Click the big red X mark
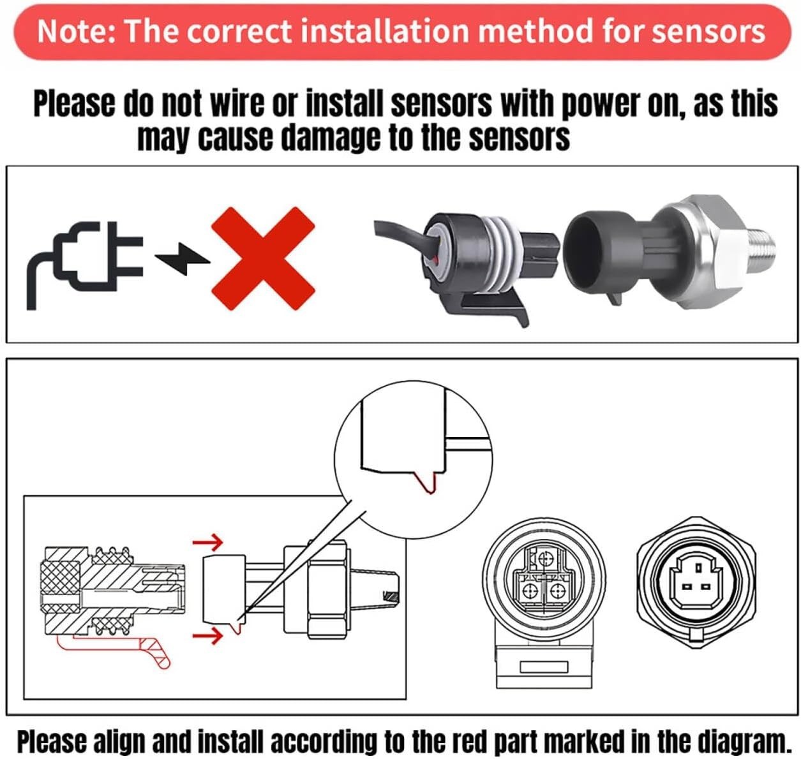tap(263, 258)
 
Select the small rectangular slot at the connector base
tap(543, 667)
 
